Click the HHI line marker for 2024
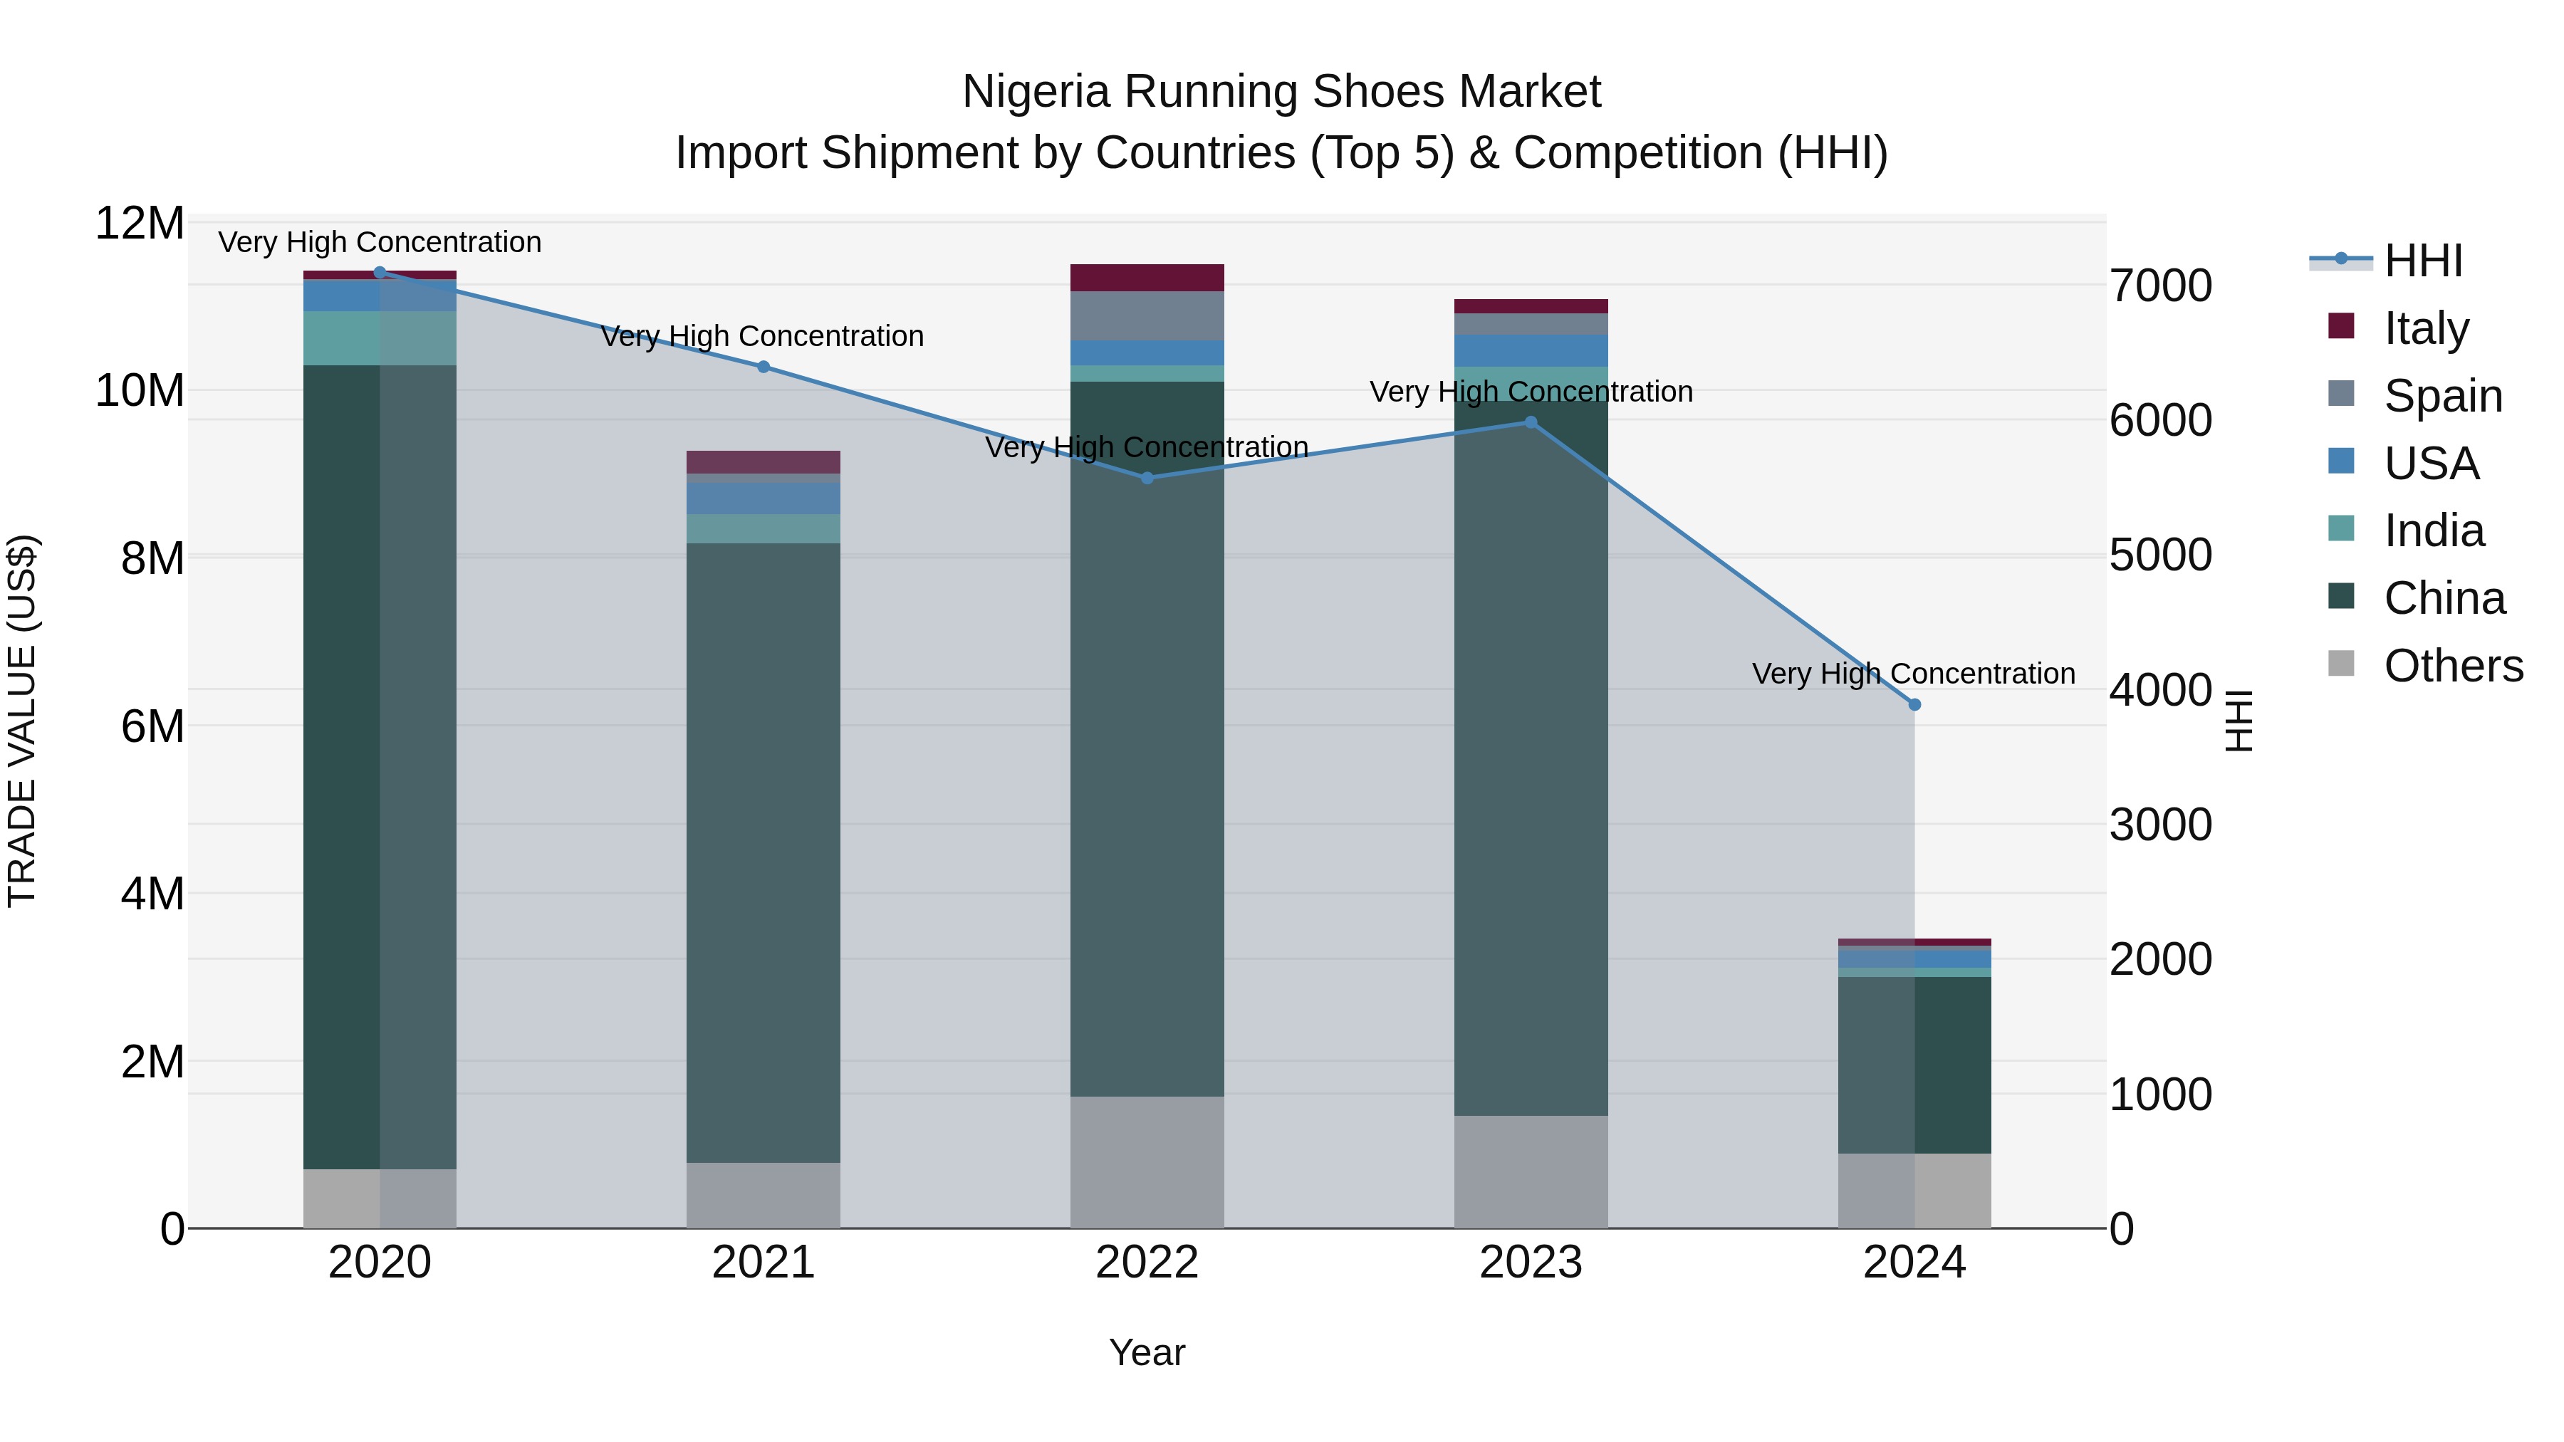coord(1913,704)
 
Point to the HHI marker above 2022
coord(1147,478)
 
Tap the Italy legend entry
coord(2426,328)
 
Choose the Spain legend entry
coord(2443,395)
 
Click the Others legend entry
coord(2452,665)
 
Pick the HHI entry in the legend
coord(2423,260)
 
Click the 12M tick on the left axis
coord(140,223)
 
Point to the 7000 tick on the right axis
coord(2161,286)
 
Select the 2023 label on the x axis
coord(1530,1262)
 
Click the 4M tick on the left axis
coord(151,893)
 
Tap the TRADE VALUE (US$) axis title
coord(22,721)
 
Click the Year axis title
coord(1147,1352)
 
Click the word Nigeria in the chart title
coord(1035,92)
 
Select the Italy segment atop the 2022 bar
coord(1147,278)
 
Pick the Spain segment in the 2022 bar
coord(1147,315)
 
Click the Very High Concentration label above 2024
coord(1913,674)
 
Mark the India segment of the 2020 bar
coord(379,338)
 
